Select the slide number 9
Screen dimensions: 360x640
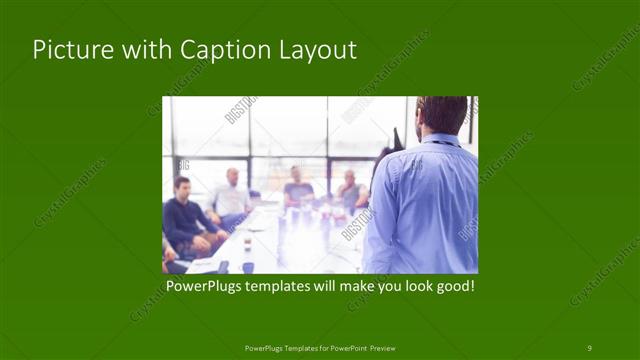click(589, 347)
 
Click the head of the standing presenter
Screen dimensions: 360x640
click(441, 113)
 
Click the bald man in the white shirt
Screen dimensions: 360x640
click(232, 195)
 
